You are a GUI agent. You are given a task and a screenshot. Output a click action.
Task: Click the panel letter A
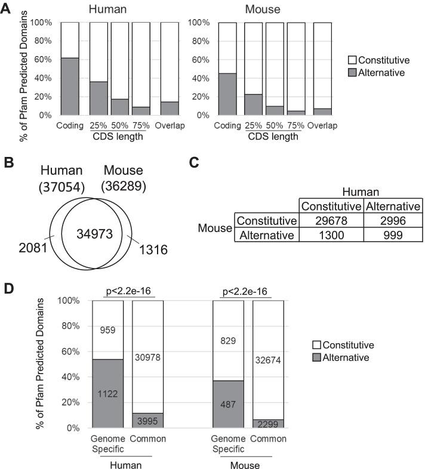pos(7,9)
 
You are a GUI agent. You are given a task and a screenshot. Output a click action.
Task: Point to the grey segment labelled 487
pos(229,404)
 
